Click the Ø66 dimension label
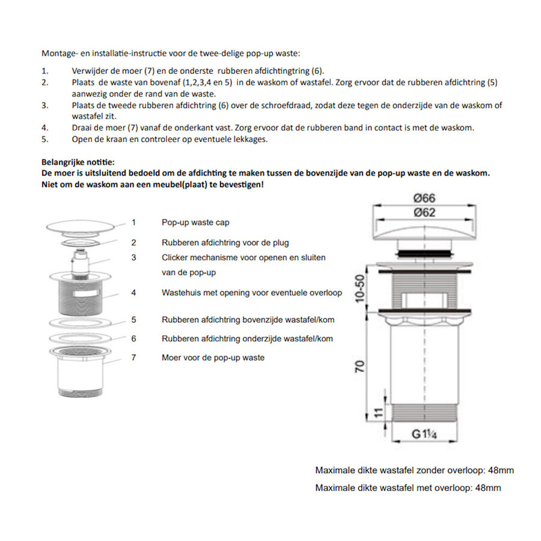point(424,198)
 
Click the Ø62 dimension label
point(424,212)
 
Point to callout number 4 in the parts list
point(133,293)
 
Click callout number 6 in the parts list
point(133,338)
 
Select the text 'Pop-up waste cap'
point(195,222)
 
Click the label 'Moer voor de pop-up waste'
point(213,358)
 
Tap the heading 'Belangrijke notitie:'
point(78,162)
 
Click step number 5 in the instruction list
point(44,139)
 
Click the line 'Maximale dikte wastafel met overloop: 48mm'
point(408,488)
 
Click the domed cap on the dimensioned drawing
point(424,229)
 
